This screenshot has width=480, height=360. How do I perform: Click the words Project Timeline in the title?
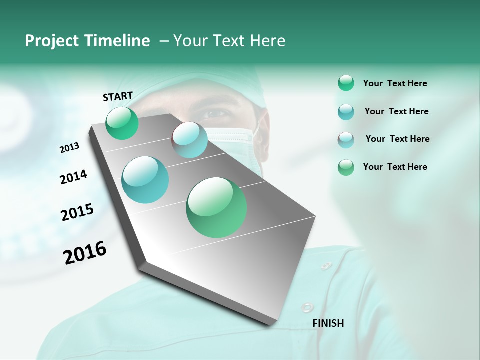pos(87,41)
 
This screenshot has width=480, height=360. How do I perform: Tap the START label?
pos(118,96)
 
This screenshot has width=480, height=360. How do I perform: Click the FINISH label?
pos(328,323)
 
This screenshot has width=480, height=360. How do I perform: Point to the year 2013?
pos(69,148)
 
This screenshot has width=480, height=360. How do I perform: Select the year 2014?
pos(73,177)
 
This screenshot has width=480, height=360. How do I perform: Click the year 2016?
pos(85,253)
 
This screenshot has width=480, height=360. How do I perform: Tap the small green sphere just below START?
pos(122,123)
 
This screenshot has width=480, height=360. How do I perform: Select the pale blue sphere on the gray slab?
pos(190,140)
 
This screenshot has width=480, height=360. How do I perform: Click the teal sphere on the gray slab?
pos(145,180)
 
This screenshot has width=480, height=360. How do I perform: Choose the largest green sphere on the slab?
pos(216,207)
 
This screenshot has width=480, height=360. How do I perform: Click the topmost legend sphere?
pos(346,83)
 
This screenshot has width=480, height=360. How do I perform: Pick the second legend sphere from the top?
pos(346,112)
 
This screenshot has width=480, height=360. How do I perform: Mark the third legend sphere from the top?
pos(346,140)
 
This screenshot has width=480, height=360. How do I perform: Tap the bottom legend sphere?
pos(346,167)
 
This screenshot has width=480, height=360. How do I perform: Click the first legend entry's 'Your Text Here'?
pos(395,84)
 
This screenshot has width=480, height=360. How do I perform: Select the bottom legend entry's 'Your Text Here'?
pos(395,167)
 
